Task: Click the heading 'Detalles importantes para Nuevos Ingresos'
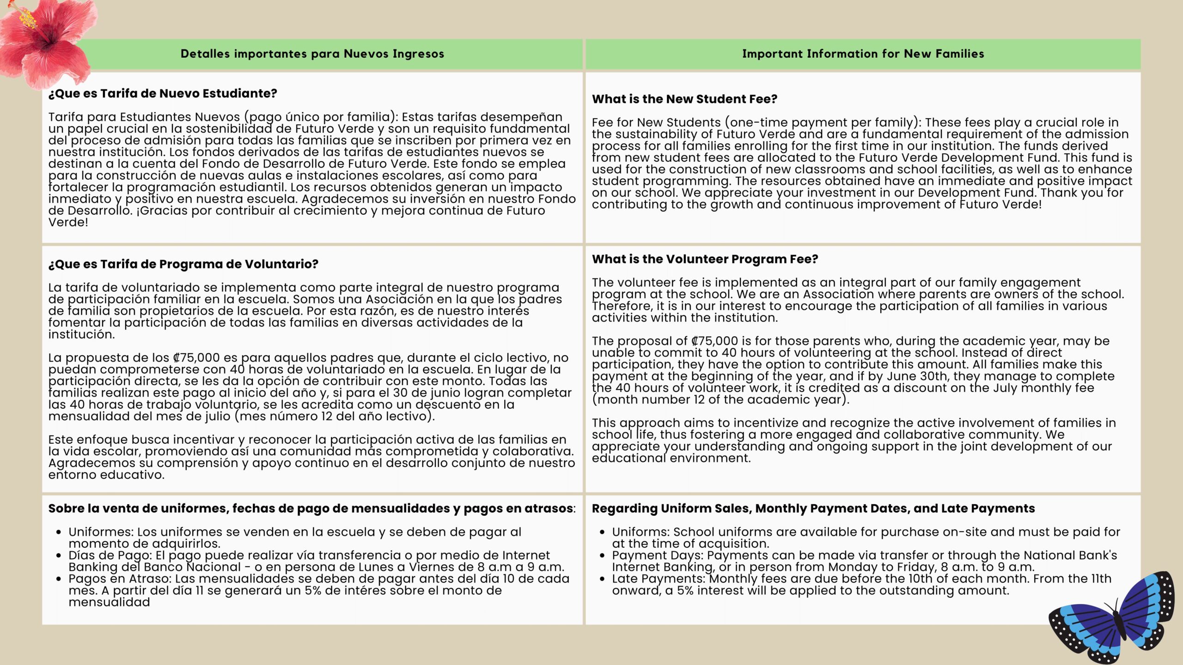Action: pyautogui.click(x=312, y=54)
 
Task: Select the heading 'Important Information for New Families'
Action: pyautogui.click(x=863, y=54)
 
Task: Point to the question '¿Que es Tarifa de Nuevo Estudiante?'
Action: pyautogui.click(x=163, y=94)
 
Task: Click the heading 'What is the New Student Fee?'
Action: pyautogui.click(x=684, y=99)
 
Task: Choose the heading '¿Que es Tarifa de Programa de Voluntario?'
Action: pyautogui.click(x=183, y=264)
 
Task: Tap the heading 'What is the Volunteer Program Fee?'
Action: pyautogui.click(x=705, y=259)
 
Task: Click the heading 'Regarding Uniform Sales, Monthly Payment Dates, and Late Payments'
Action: pyautogui.click(x=813, y=508)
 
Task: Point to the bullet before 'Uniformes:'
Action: pyautogui.click(x=59, y=532)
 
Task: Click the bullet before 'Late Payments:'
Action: pyautogui.click(x=602, y=579)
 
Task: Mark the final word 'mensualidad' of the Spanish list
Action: pyautogui.click(x=109, y=603)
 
